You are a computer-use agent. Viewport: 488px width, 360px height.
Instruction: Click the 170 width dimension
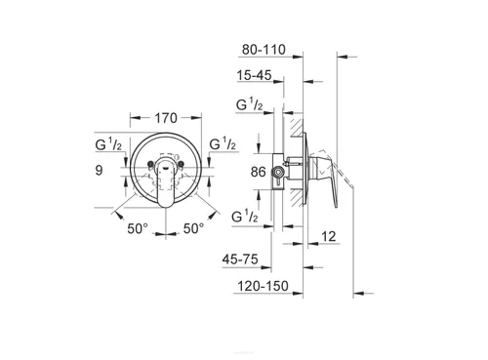(166, 118)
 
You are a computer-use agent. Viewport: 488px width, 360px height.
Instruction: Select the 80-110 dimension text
(264, 50)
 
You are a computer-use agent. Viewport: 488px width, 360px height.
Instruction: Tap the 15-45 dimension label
(254, 75)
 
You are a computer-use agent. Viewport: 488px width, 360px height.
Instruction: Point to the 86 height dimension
(258, 172)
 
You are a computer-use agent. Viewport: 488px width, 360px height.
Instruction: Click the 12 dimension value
(328, 236)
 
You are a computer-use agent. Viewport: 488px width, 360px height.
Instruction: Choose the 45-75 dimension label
(240, 260)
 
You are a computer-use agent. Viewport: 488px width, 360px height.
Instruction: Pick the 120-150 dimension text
(263, 286)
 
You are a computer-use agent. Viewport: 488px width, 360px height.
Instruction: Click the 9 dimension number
(99, 170)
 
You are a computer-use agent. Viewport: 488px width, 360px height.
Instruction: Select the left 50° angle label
(138, 228)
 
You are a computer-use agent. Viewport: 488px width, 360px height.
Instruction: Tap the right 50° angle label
(193, 228)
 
